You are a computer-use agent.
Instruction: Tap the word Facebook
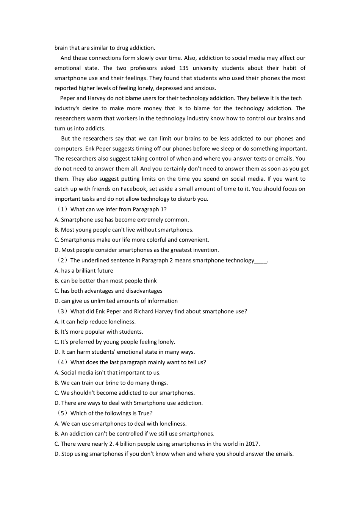(x=134, y=189)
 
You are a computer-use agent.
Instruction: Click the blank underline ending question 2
(x=261, y=261)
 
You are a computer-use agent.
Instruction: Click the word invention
(x=205, y=250)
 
